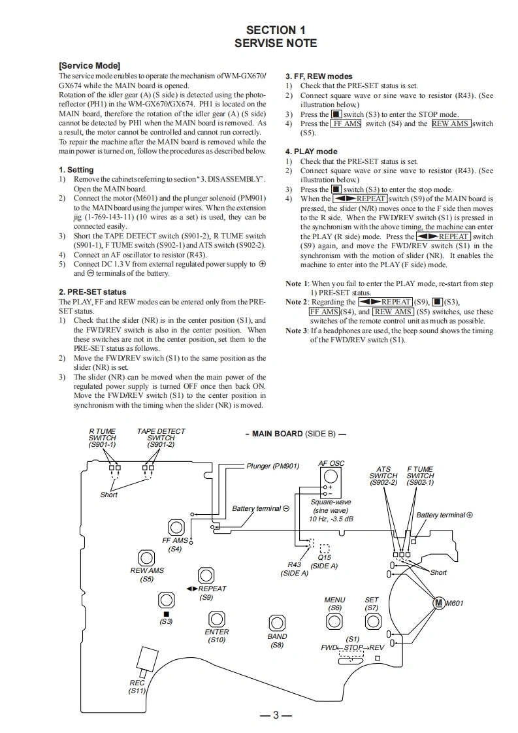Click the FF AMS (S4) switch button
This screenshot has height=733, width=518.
click(x=175, y=527)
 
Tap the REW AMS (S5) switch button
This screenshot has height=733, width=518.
click(x=146, y=557)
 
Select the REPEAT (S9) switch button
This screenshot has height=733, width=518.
click(x=206, y=575)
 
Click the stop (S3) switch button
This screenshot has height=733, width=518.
click(x=166, y=599)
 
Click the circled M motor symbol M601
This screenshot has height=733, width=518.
click(x=438, y=603)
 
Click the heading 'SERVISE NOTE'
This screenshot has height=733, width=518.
click(x=276, y=43)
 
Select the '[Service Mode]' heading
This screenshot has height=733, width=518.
click(x=89, y=66)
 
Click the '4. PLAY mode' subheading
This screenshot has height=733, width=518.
click(x=312, y=152)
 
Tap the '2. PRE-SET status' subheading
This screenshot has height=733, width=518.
click(x=93, y=292)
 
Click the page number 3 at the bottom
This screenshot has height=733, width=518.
click(x=276, y=715)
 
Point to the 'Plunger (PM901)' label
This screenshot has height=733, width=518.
click(x=272, y=466)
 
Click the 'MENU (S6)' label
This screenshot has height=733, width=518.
click(x=334, y=604)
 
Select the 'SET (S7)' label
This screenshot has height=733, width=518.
click(x=372, y=604)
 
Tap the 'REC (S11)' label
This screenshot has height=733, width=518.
click(x=137, y=687)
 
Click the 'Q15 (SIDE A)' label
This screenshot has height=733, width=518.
click(x=325, y=561)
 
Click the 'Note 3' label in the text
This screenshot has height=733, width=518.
click(x=297, y=331)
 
